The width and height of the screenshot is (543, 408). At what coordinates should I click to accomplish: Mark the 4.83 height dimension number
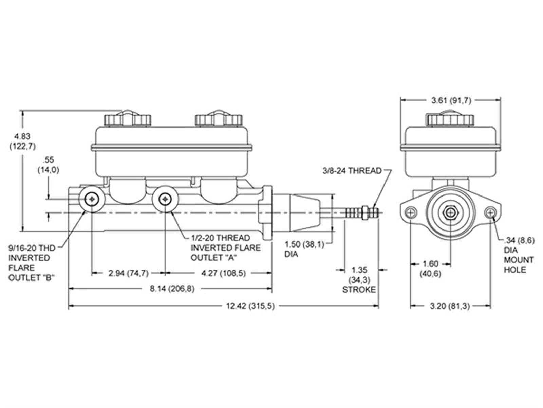(22, 136)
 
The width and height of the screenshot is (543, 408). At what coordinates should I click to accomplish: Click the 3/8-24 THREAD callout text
(352, 171)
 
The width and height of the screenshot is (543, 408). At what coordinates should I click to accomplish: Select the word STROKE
(359, 290)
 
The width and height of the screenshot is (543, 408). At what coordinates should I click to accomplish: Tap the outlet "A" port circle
(165, 199)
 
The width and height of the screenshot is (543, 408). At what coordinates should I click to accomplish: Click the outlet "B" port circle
(92, 199)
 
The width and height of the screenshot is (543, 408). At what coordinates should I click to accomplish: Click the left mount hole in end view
(411, 212)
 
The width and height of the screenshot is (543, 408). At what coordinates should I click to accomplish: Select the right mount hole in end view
(490, 212)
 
